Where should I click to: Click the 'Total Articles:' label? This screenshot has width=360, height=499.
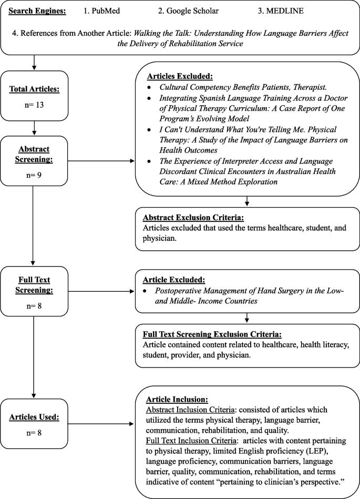pos(34,89)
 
